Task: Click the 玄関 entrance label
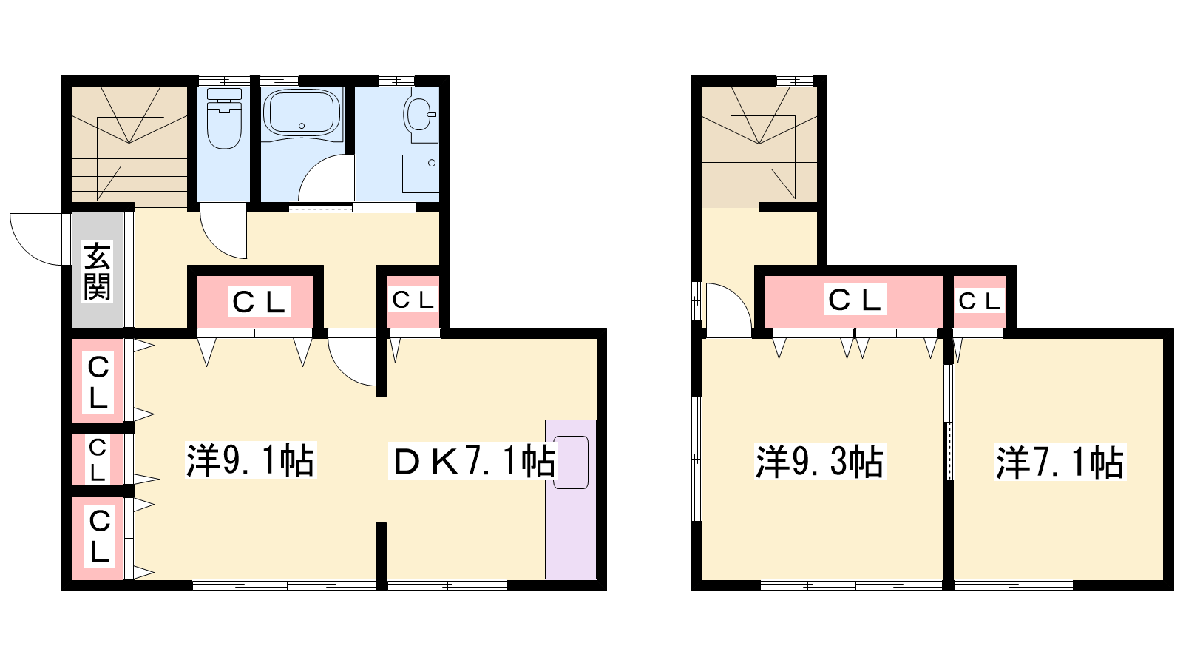pyautogui.click(x=97, y=272)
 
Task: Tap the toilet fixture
pyautogui.click(x=225, y=118)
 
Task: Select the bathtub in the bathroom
pyautogui.click(x=302, y=113)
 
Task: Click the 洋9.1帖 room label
pyautogui.click(x=251, y=460)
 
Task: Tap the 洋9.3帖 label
pyautogui.click(x=820, y=462)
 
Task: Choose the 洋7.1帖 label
pyautogui.click(x=1060, y=462)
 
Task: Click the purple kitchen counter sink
pyautogui.click(x=571, y=499)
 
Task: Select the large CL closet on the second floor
pyautogui.click(x=853, y=302)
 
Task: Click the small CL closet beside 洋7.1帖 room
pyautogui.click(x=979, y=302)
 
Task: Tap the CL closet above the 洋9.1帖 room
pyautogui.click(x=256, y=302)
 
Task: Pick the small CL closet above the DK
pyautogui.click(x=413, y=302)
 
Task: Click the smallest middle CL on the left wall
pyautogui.click(x=98, y=460)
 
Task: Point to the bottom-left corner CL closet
pyautogui.click(x=98, y=538)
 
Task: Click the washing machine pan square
pyautogui.click(x=421, y=174)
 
